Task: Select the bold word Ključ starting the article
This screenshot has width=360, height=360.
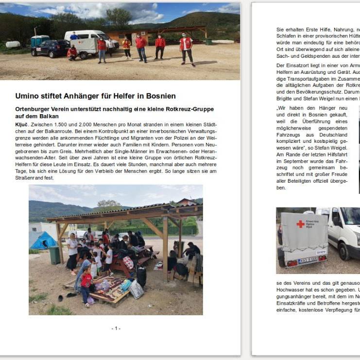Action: pos(22,125)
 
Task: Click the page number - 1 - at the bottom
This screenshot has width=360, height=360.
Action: pos(116,328)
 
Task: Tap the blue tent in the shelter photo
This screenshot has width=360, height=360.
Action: pos(43,240)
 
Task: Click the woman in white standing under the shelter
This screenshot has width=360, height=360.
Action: pos(72,253)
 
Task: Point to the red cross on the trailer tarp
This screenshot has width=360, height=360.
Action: pos(300,224)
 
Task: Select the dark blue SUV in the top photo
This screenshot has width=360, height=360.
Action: pos(51,48)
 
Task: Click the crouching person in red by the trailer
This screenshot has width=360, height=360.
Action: pos(72,52)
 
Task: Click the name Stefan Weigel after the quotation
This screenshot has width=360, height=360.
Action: pos(335,148)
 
